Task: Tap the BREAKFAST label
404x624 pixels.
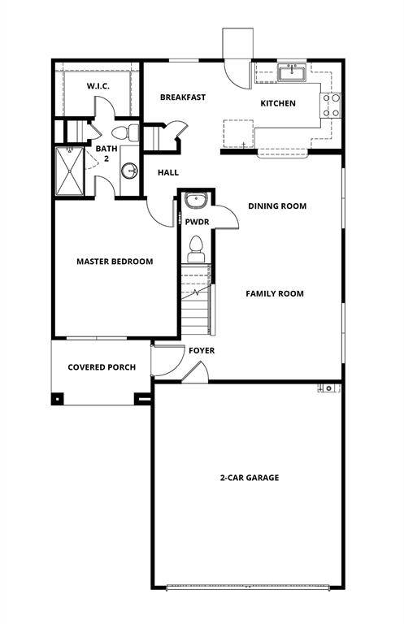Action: tap(182, 97)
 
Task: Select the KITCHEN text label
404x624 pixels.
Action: tap(277, 103)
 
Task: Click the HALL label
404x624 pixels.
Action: tap(168, 172)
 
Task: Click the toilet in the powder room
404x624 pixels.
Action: tap(196, 248)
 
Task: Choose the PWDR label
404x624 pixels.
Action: tap(197, 221)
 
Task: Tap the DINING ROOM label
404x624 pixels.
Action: tap(277, 206)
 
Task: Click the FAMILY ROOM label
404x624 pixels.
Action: tap(275, 293)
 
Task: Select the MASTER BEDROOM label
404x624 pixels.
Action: tap(115, 262)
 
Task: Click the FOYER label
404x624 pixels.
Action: tap(202, 351)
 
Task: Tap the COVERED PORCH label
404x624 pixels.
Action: tap(102, 367)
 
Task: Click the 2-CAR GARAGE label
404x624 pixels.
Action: tap(249, 478)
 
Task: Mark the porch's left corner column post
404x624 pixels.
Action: tap(58, 398)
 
